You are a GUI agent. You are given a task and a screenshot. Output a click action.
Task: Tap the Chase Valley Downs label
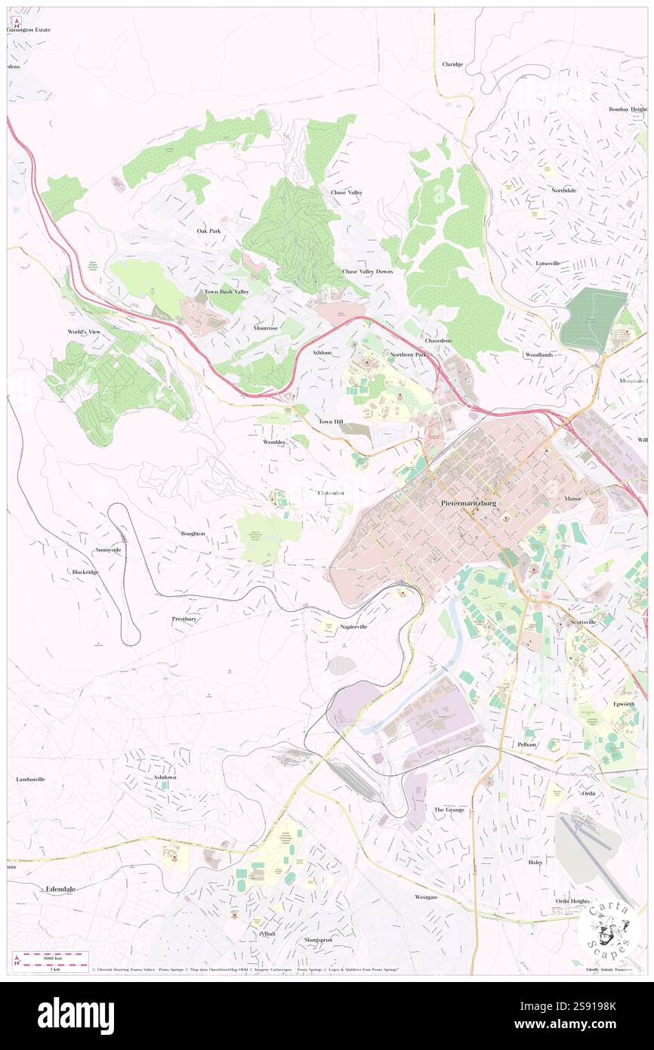[x=367, y=271]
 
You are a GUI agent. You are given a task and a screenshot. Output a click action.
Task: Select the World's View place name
[x=84, y=332]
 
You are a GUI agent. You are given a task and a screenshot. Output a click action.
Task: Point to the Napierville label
[x=353, y=627]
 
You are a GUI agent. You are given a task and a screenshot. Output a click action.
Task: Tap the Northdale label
[x=563, y=190]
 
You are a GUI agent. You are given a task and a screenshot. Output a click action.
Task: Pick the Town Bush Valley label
[x=226, y=292]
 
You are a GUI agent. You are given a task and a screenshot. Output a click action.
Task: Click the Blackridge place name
[x=85, y=572]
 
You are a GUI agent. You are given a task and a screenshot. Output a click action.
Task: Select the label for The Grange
[x=449, y=809]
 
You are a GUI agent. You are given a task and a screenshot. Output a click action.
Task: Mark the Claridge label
[x=452, y=64]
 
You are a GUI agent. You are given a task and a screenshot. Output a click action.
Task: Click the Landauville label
[x=31, y=779]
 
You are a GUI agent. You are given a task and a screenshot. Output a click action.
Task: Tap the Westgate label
[x=425, y=897]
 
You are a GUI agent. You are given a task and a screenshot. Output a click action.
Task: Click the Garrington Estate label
[x=29, y=29]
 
